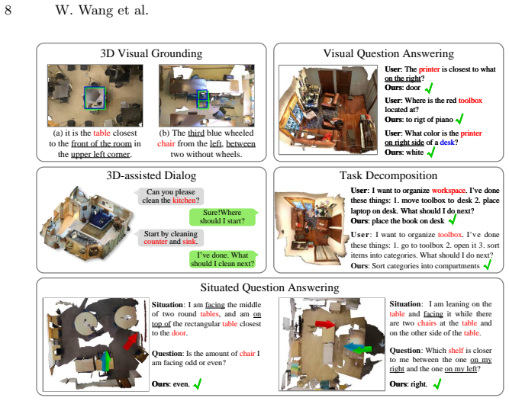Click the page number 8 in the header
pos(8,10)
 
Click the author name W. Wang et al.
pos(102,10)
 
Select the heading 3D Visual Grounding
pos(151,53)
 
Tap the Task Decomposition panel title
pos(388,175)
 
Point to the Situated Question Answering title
pos(269,287)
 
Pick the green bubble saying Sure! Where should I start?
pos(223,217)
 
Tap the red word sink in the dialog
pos(189,242)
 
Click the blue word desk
pos(447,143)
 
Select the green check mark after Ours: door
pos(429,88)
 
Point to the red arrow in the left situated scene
pos(130,341)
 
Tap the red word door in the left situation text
pos(179,333)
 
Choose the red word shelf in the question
pos(456,351)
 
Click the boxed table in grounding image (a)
pos(95,98)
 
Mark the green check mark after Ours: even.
pos(198,384)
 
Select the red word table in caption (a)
pos(101,133)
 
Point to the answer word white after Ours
pos(415,152)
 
